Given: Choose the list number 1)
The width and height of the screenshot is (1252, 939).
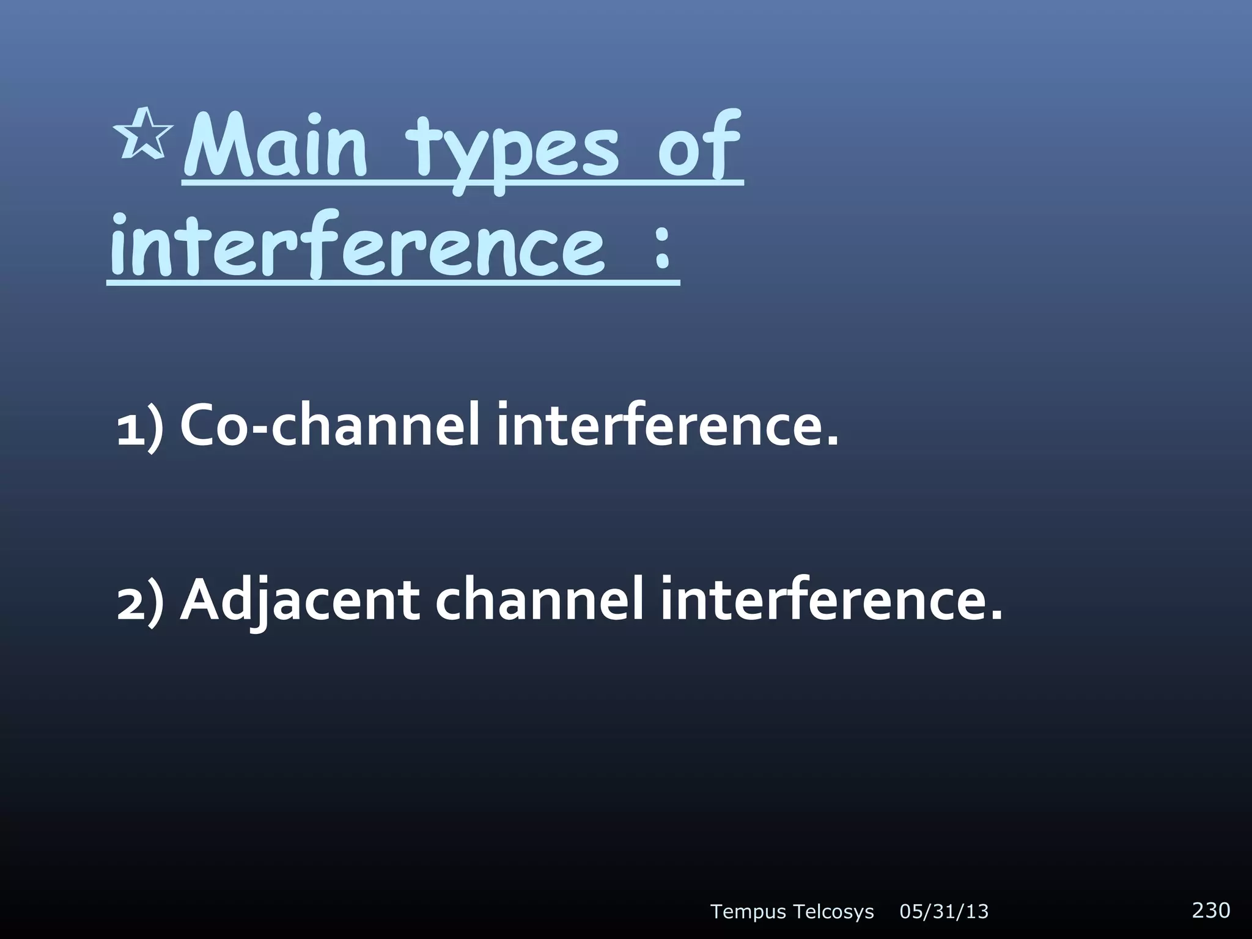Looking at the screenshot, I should click(x=140, y=427).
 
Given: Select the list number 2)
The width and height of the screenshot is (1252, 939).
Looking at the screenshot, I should click(x=140, y=602).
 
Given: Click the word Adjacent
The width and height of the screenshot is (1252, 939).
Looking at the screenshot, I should click(x=300, y=602).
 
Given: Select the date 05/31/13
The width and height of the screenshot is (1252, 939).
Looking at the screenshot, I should click(x=944, y=912).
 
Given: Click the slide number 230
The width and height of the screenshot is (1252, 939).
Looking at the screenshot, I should click(x=1211, y=910).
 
